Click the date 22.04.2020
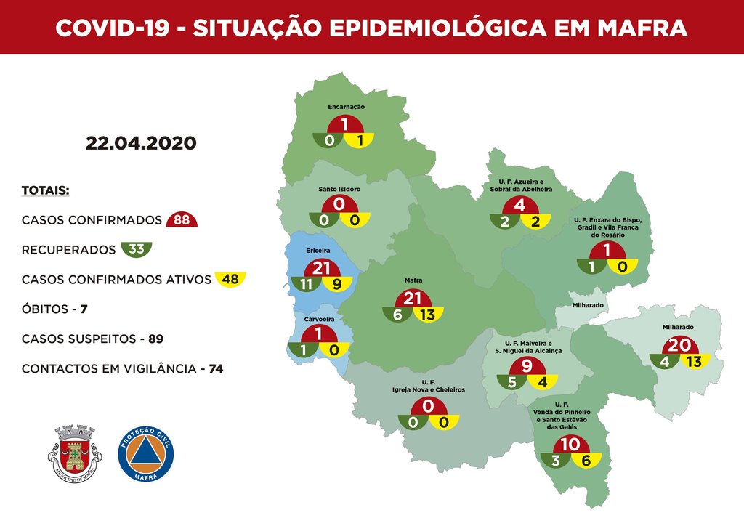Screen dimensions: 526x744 coord(141,142)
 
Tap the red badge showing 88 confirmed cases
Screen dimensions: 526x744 coord(182,220)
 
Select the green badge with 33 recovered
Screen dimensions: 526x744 coord(136,250)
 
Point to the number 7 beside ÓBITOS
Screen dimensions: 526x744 coord(84,309)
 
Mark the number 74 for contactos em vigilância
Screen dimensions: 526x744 coord(215,368)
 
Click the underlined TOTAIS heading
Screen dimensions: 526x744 coord(45,190)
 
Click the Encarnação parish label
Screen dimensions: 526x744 coord(346,107)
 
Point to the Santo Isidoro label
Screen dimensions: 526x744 coord(339,189)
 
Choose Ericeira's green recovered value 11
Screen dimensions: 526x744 coord(307,285)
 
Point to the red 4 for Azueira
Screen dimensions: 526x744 coord(519,206)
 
